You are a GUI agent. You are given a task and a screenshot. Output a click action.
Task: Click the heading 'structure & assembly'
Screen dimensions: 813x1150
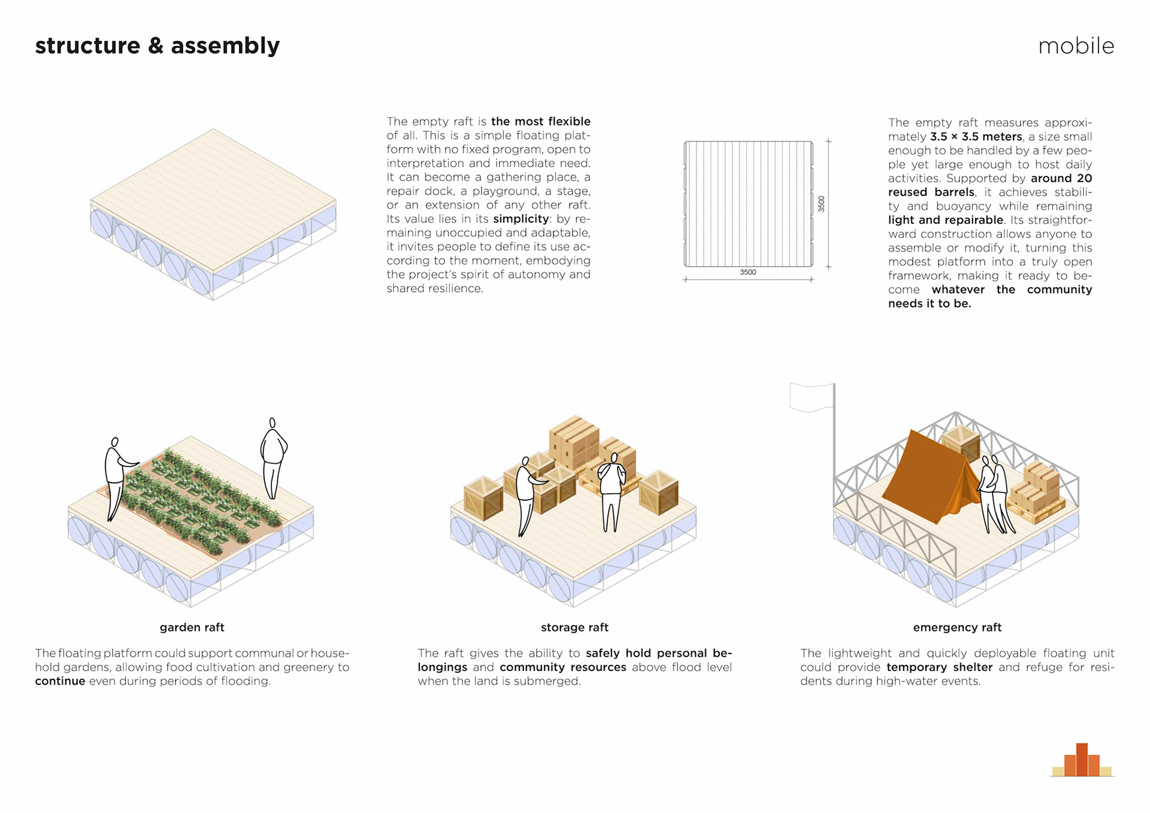[x=158, y=46]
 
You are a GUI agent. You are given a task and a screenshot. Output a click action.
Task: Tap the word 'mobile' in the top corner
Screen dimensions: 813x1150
[x=1076, y=46]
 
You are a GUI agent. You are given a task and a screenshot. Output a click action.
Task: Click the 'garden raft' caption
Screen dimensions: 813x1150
[x=192, y=627]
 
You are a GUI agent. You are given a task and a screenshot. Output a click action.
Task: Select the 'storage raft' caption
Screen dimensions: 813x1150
[x=574, y=627]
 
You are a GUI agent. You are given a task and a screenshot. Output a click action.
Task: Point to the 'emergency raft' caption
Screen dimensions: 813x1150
[x=957, y=627]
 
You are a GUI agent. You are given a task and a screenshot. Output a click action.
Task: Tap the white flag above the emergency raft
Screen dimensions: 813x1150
[x=812, y=397]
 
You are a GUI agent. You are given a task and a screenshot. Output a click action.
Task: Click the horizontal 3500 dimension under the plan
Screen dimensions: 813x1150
[x=747, y=273]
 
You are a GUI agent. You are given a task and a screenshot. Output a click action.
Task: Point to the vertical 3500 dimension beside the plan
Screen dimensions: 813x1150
[x=821, y=204]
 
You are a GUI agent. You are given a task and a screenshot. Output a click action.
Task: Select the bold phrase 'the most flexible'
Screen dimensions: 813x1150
[x=540, y=122]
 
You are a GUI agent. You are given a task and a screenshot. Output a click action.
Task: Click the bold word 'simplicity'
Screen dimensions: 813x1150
[x=520, y=219]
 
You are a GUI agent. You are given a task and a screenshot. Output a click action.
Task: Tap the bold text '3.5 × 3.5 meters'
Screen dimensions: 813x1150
[x=976, y=137]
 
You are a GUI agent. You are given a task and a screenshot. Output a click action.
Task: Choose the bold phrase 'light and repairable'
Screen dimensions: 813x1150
[x=945, y=220]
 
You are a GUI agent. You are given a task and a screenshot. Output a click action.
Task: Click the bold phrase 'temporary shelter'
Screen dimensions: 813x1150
[x=939, y=667]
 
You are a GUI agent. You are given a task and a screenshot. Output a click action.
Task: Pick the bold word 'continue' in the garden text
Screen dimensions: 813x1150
[x=60, y=681]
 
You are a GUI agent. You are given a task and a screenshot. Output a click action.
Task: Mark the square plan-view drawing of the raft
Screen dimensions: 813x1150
[x=748, y=204]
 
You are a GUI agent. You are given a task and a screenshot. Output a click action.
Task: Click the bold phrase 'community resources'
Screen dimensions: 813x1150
[x=562, y=667]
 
